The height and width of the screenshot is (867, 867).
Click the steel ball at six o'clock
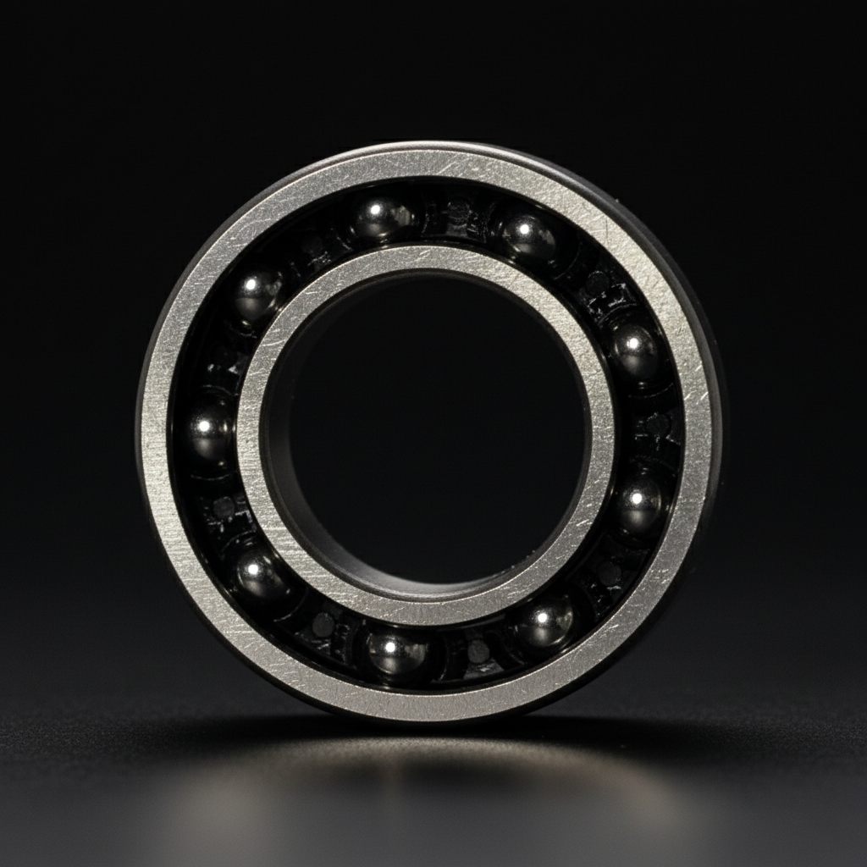click(395, 653)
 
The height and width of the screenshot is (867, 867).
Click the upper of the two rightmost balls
click(636, 351)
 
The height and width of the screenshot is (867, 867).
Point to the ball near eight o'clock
click(259, 574)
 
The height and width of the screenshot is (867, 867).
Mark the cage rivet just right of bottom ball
click(478, 651)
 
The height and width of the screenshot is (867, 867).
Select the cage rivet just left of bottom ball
click(323, 625)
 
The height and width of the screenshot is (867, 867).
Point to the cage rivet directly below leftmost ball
click(224, 507)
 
